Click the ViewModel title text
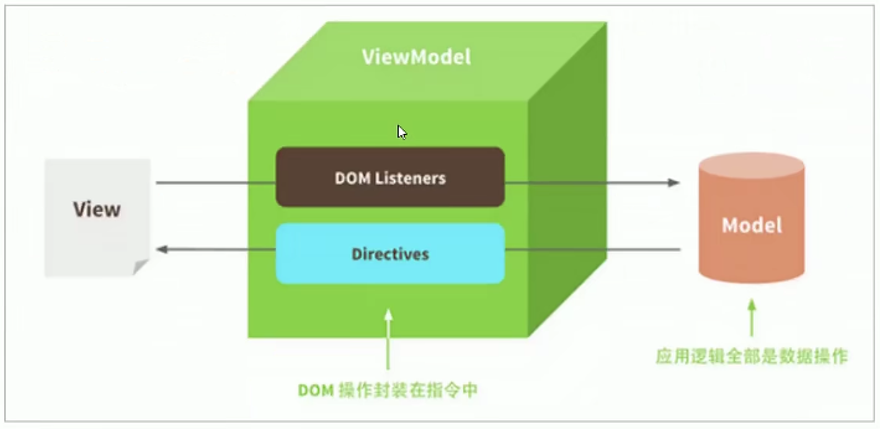(416, 57)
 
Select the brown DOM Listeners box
(390, 177)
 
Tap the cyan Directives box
(390, 254)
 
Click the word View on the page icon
(97, 209)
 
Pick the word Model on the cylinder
(752, 224)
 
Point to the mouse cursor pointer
(402, 132)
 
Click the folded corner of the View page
(141, 267)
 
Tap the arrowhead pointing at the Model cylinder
(674, 183)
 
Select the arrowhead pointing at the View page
(162, 249)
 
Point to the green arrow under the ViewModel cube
(388, 338)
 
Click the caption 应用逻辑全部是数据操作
(752, 357)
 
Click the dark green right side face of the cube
(567, 186)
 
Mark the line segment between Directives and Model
(592, 249)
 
